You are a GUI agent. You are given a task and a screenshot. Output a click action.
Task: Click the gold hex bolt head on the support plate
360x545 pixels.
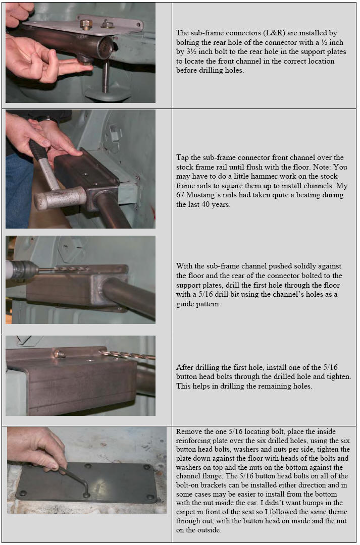pos(86,25)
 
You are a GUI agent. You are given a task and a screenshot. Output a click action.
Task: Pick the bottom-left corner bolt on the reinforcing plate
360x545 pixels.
pos(23,493)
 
